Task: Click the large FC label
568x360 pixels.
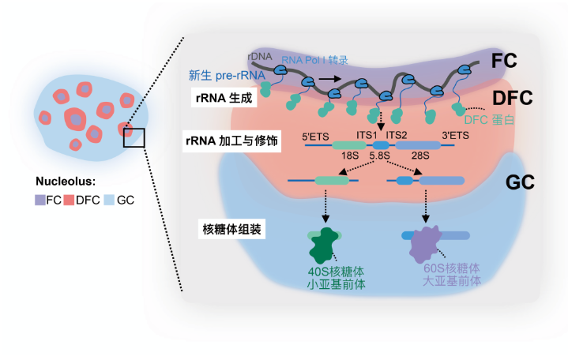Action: coord(504,61)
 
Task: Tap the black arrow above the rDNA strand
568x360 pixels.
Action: coord(334,79)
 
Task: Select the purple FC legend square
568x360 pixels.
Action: coord(39,201)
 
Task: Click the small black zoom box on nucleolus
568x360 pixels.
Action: coord(134,137)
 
